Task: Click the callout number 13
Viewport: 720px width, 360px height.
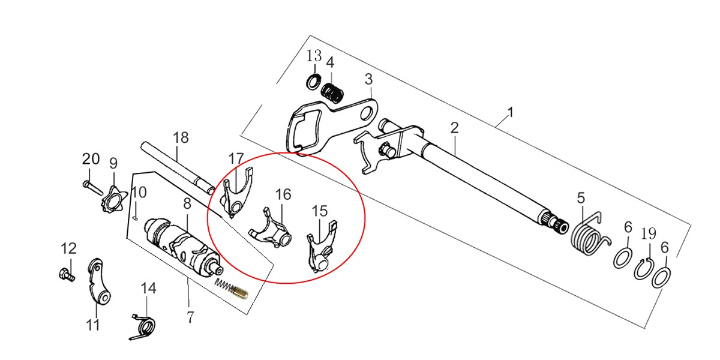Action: pyautogui.click(x=314, y=56)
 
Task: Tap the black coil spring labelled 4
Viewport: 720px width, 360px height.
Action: pyautogui.click(x=332, y=92)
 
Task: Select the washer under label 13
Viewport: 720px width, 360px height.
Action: pyautogui.click(x=313, y=82)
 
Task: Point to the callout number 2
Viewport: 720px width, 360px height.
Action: pyautogui.click(x=454, y=128)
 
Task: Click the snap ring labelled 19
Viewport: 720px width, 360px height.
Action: pyautogui.click(x=643, y=269)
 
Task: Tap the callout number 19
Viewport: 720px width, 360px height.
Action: pyautogui.click(x=649, y=233)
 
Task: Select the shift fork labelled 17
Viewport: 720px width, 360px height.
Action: pyautogui.click(x=237, y=193)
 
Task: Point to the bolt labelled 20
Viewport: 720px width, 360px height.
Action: pyautogui.click(x=92, y=188)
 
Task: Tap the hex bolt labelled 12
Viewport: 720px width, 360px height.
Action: pyautogui.click(x=67, y=275)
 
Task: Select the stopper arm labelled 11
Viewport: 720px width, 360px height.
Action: pyautogui.click(x=100, y=282)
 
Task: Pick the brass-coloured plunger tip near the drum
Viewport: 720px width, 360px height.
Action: pyautogui.click(x=240, y=293)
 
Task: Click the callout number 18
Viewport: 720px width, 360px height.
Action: pyautogui.click(x=181, y=137)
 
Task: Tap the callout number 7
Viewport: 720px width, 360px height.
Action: pyautogui.click(x=190, y=317)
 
